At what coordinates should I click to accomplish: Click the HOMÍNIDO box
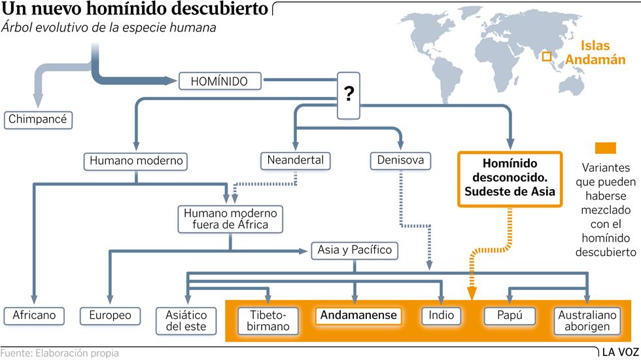coord(220,81)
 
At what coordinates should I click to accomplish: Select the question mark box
coord(348,96)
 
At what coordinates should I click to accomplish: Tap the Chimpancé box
coord(38,120)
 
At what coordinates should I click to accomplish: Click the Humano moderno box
coord(136,161)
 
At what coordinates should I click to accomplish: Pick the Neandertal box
coord(295,161)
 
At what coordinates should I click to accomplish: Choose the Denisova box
coord(400,160)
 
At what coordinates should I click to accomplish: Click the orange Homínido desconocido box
coord(510,179)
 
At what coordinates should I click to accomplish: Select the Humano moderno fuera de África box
coord(230,219)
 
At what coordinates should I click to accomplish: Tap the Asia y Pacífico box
coord(355,250)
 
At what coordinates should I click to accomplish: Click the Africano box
coord(34,315)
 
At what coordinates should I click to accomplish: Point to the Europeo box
coord(110,315)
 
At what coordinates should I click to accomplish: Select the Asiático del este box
coord(186,321)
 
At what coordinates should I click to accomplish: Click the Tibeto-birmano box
coord(268,321)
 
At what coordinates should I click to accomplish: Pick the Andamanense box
coord(358,315)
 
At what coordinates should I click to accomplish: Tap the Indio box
coord(441,315)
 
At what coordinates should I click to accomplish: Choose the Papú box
coord(510,315)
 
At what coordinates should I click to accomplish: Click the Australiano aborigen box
coord(587,321)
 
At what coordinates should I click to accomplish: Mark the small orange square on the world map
coord(547,56)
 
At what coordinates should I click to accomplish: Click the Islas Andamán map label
coord(595,52)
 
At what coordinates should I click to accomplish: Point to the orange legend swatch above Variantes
coord(606,148)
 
